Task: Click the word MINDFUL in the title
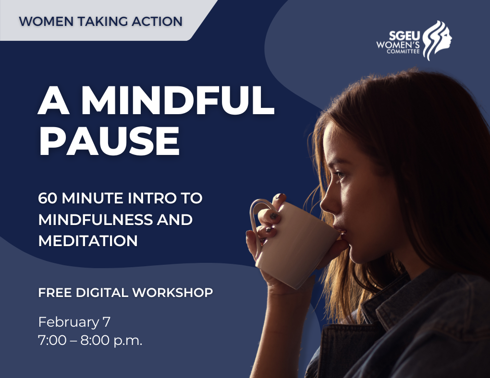click(177, 101)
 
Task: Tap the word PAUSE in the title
click(109, 142)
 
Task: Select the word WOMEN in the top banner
click(41, 22)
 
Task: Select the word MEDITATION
click(88, 240)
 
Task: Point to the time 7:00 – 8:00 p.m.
click(90, 341)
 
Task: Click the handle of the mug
click(256, 223)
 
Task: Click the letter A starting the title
click(52, 101)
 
